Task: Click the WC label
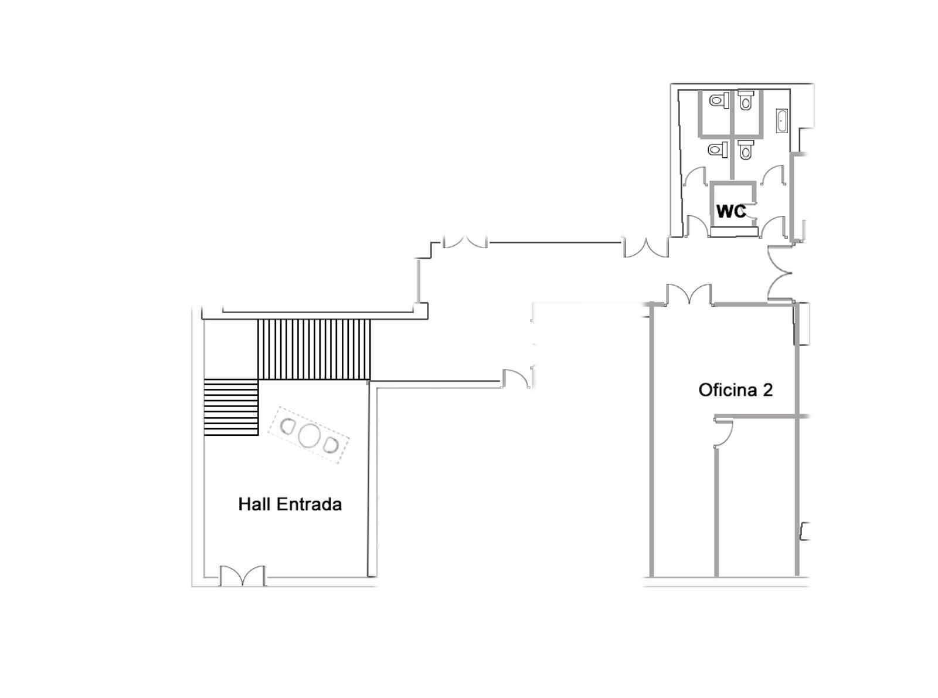point(731,211)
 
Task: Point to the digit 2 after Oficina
point(767,390)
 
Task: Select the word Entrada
point(309,504)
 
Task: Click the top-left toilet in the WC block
point(719,100)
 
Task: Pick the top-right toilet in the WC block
point(746,99)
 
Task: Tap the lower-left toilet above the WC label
point(718,150)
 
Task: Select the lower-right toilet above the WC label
point(746,150)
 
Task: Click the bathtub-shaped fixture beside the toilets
point(781,120)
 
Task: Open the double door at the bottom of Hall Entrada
point(242,576)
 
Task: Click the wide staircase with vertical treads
point(314,350)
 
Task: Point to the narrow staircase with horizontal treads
point(232,407)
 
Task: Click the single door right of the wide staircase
point(515,378)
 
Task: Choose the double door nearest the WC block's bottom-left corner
point(645,248)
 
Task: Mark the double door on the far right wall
point(779,273)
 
